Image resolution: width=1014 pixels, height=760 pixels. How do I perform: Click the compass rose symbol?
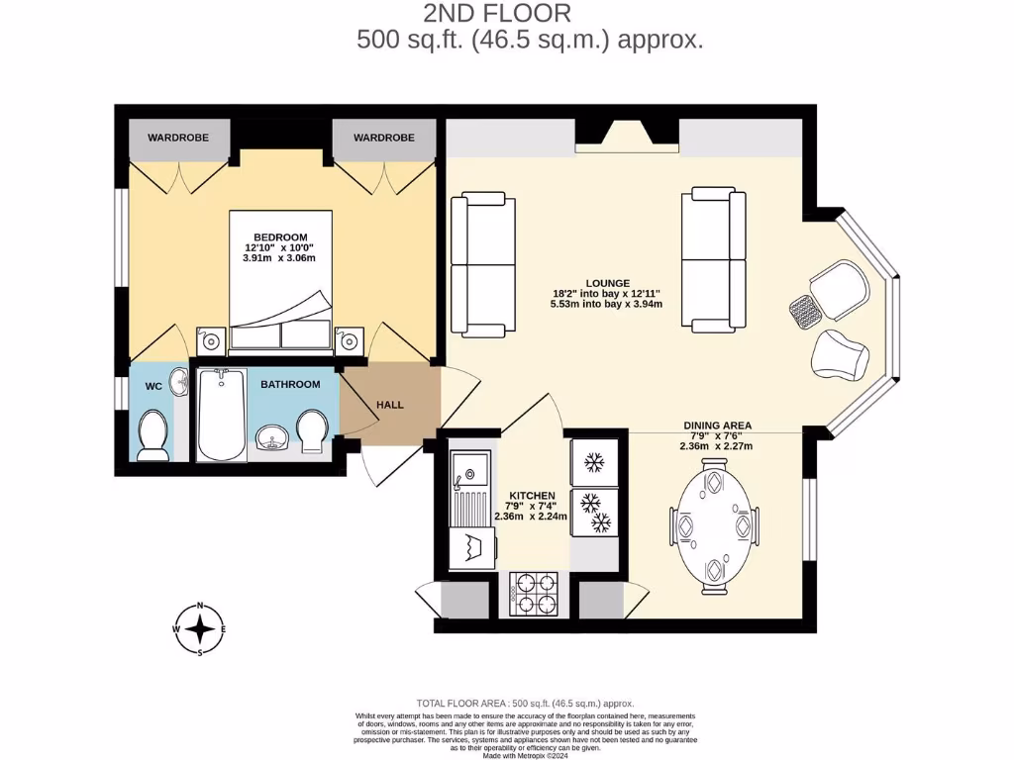coord(200,629)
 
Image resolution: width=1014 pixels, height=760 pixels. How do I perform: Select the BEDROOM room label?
coord(278,237)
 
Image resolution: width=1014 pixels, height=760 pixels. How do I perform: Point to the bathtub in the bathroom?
coord(222,415)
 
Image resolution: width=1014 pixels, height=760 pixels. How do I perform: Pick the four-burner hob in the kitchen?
coord(534,594)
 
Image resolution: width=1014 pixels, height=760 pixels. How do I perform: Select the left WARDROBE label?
coord(178,138)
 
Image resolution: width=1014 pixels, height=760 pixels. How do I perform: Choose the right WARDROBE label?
coord(383,138)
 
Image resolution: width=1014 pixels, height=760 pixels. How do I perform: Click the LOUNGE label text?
coord(606,283)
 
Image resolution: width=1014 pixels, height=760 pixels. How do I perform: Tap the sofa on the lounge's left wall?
coord(483,264)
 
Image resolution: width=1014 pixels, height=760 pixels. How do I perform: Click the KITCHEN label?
coord(532,495)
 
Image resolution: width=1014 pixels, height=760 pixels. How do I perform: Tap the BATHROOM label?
coord(290,384)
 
